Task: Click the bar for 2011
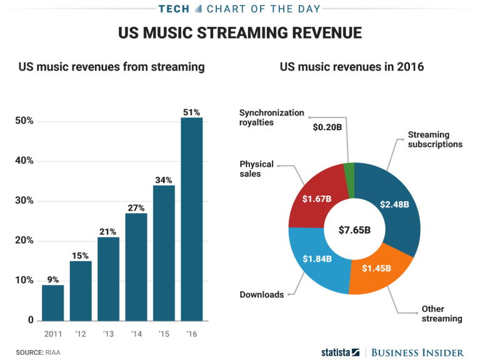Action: coord(52,302)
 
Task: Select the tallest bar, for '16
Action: coord(191,219)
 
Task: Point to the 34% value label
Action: coord(164,180)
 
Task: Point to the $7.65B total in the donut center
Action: coord(354,229)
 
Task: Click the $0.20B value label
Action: coord(326,127)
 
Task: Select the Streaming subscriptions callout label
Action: coord(435,139)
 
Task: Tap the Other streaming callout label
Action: coord(441,314)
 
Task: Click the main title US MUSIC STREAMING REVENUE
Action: coord(240,33)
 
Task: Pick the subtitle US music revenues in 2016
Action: coord(352,67)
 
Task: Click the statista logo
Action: coord(340,351)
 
